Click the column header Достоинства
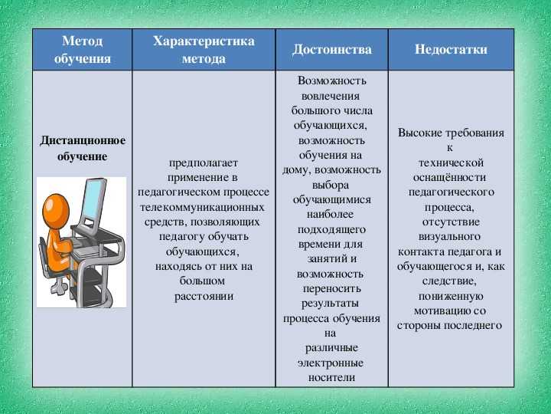click(331, 49)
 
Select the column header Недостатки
click(451, 49)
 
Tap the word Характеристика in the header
click(204, 41)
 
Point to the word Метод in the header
click(82, 41)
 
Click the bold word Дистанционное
click(82, 140)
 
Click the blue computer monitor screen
click(93, 199)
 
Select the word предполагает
click(204, 163)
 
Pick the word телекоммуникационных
click(202, 207)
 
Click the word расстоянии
click(204, 296)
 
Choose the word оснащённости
click(449, 177)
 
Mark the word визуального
click(449, 237)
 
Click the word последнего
click(473, 326)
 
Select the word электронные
click(331, 363)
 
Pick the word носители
click(331, 377)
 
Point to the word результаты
click(330, 304)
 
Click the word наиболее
click(330, 214)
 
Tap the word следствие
click(449, 281)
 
